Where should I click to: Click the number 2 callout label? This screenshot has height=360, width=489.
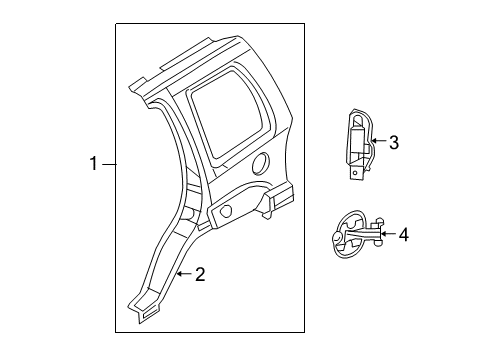click(200, 274)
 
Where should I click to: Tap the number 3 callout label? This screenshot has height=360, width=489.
click(393, 143)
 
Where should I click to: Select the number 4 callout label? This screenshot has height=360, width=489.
click(403, 235)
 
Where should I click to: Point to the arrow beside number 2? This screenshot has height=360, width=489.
click(183, 274)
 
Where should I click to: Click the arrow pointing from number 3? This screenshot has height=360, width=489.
click(376, 143)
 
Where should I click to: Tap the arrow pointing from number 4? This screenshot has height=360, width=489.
click(385, 235)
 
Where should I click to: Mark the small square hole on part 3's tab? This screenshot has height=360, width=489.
click(357, 172)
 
